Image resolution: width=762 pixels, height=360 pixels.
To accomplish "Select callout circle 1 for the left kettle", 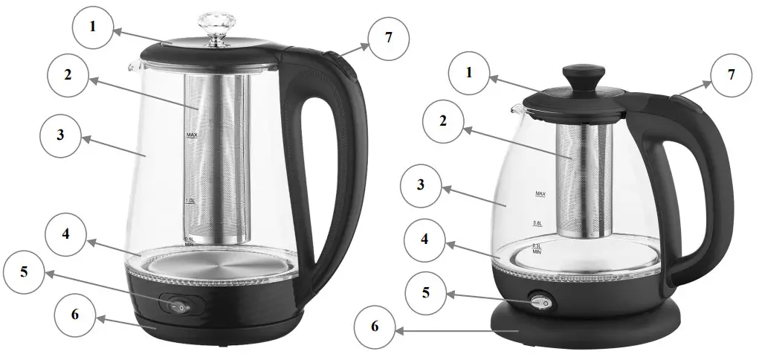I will click(93, 27).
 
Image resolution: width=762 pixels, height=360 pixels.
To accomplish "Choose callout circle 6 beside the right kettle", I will click(375, 325).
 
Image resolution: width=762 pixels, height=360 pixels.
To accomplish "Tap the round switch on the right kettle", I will click(540, 302).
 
